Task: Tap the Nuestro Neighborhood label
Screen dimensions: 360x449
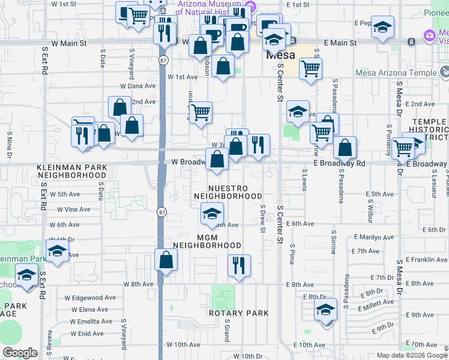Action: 236,192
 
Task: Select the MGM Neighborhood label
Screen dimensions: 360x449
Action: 207,241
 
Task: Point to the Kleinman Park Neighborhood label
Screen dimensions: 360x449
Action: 71,171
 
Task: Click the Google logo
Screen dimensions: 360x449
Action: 20,352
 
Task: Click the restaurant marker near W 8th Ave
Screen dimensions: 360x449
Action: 239,266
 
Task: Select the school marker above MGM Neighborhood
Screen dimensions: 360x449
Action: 211,214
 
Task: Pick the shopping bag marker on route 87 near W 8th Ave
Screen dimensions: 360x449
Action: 166,260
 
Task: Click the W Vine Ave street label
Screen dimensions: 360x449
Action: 73,209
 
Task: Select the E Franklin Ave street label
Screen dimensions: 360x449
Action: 426,260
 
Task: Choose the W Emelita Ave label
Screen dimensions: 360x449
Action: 88,321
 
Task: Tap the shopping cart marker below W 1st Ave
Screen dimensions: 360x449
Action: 200,112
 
